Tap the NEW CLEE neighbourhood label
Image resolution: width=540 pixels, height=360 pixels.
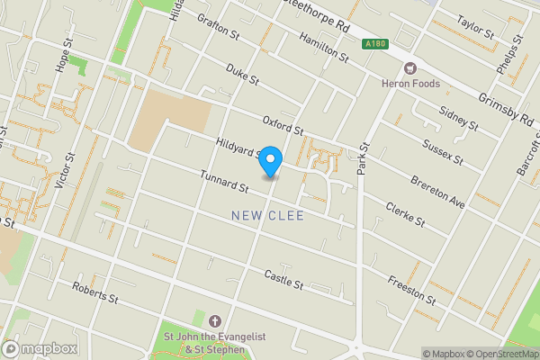[267, 216]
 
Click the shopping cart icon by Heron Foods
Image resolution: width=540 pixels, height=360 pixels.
[411, 67]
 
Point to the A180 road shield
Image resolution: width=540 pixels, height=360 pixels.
[375, 43]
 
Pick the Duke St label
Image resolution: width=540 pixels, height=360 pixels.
[242, 75]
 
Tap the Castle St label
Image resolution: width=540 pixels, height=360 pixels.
[284, 279]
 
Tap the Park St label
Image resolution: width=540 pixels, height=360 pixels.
[364, 160]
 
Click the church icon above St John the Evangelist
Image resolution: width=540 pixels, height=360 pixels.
[214, 321]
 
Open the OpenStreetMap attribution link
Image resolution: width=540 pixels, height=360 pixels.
[493, 353]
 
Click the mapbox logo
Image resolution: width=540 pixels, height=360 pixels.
[39, 347]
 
